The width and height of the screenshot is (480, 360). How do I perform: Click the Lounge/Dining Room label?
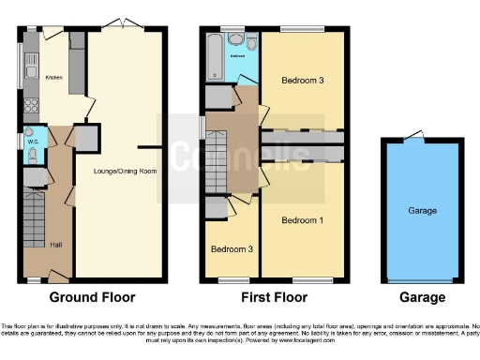124,172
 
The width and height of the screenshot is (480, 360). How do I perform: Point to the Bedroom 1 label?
303,220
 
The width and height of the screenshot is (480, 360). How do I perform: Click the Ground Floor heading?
92,297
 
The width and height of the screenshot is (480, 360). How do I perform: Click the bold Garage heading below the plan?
422,297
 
